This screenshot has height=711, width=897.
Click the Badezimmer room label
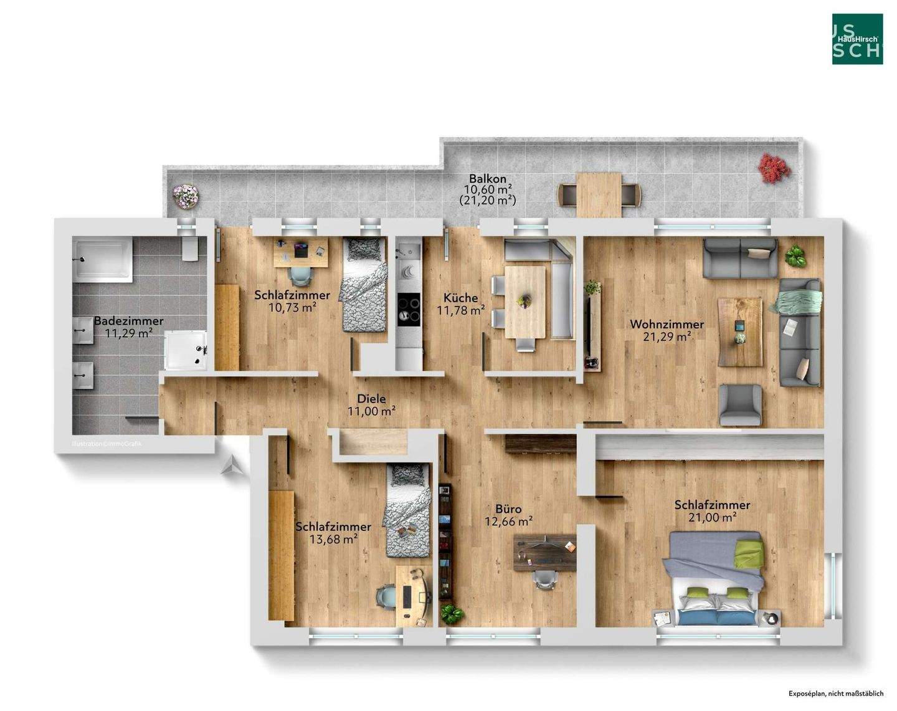[128, 321]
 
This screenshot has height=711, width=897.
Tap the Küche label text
[460, 298]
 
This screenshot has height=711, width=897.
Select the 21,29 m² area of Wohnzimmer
[667, 337]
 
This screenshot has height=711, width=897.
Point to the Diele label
[371, 399]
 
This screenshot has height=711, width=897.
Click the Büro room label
[508, 509]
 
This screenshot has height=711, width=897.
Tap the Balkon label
[488, 178]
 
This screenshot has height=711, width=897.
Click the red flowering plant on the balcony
[774, 167]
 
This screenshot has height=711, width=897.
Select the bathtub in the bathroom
[103, 259]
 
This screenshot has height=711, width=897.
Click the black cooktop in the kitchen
[409, 308]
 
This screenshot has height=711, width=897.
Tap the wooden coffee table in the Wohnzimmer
[739, 331]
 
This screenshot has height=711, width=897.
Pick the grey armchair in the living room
[740, 404]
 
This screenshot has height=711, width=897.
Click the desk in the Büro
[546, 551]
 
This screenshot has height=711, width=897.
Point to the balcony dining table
[599, 194]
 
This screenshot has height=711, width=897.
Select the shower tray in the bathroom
[185, 350]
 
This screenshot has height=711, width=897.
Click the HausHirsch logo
[857, 39]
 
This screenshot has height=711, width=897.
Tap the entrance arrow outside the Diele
[231, 465]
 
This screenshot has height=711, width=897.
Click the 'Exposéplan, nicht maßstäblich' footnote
[835, 693]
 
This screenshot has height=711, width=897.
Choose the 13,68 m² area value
[333, 539]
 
